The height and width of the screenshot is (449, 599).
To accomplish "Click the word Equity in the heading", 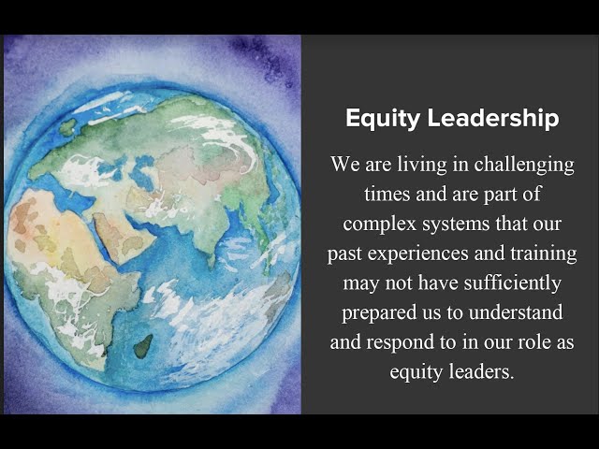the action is pyautogui.click(x=383, y=119).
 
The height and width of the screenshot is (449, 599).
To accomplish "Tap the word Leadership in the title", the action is pyautogui.click(x=493, y=118).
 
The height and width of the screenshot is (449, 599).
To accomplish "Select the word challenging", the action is pyautogui.click(x=524, y=166).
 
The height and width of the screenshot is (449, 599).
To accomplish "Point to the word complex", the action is pyautogui.click(x=379, y=224).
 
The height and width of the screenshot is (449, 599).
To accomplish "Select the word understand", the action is pyautogui.click(x=516, y=312).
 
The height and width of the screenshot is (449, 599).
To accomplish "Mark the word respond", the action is pyautogui.click(x=400, y=342).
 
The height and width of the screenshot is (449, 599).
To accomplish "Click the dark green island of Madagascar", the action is pyautogui.click(x=143, y=347).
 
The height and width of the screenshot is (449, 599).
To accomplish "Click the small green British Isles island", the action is pyautogui.click(x=67, y=127).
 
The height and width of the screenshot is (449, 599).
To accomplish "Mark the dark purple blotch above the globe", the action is pyautogui.click(x=264, y=57).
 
